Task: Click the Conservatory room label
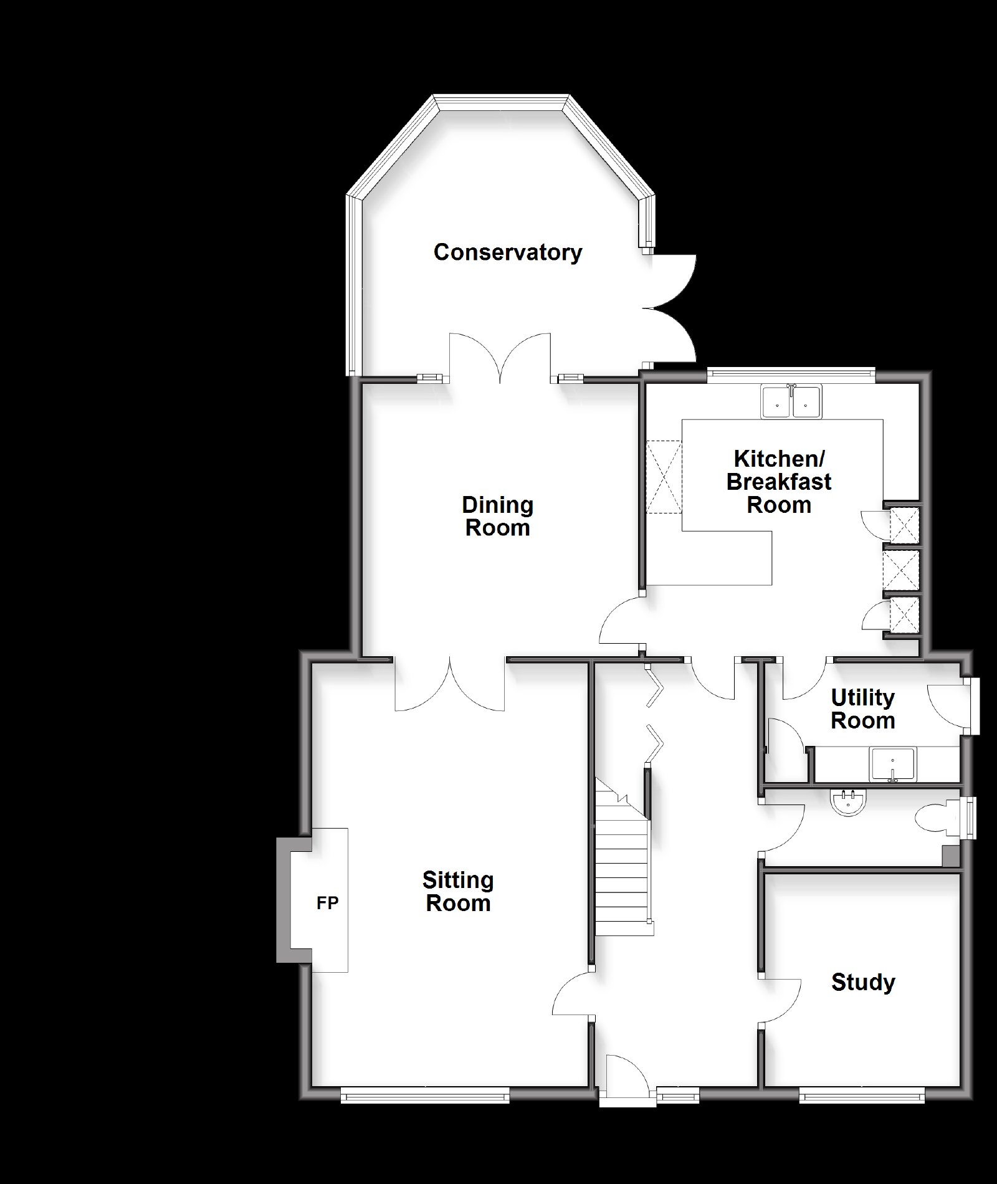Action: (x=508, y=252)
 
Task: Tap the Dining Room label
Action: (x=498, y=517)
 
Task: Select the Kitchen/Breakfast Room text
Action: (x=779, y=482)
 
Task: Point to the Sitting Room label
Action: (x=458, y=892)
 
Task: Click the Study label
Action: (x=863, y=982)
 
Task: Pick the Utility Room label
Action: (x=863, y=709)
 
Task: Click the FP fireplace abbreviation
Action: (x=328, y=903)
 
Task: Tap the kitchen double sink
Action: (x=791, y=401)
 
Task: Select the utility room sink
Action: (x=892, y=765)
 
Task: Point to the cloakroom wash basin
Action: (x=848, y=803)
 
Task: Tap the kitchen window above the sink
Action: (x=791, y=374)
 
